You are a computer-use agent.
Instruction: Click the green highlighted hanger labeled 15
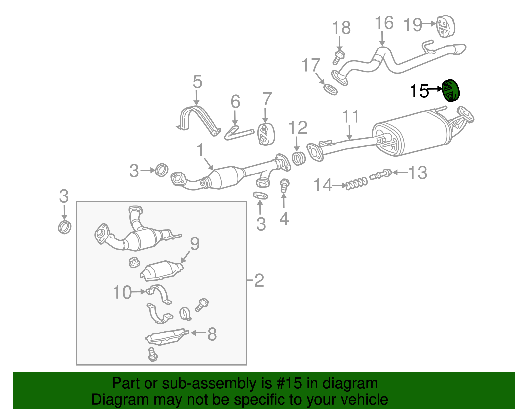451,91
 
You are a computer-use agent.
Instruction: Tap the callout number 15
419,91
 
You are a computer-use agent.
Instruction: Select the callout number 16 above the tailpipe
384,23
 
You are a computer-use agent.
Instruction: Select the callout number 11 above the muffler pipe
350,117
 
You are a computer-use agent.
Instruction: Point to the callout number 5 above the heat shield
197,82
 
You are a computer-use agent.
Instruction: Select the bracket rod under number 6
238,133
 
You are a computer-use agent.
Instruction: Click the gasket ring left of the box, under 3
64,227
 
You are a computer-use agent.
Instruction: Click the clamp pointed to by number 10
159,294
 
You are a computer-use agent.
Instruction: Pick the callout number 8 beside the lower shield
212,334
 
